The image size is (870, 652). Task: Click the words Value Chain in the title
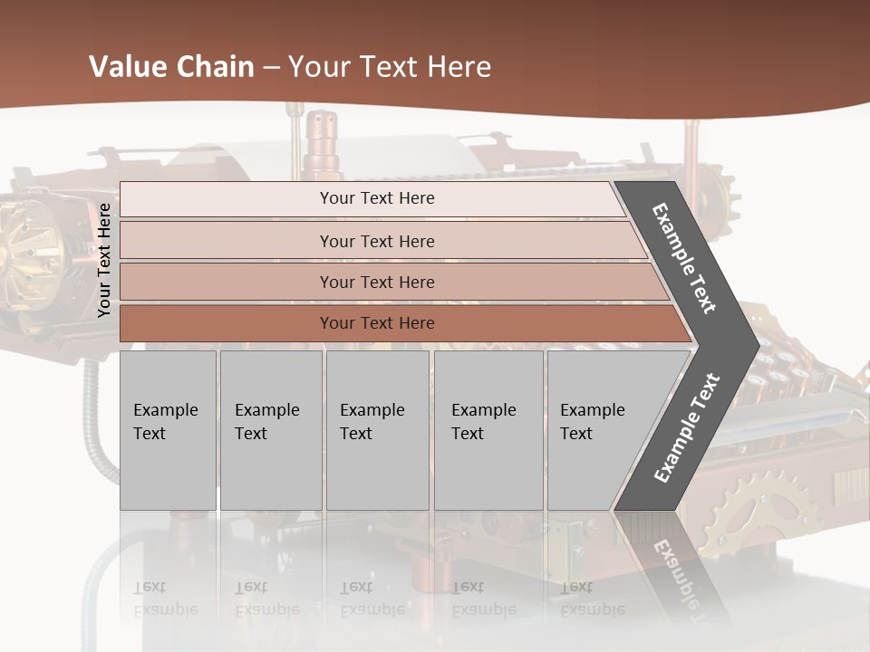click(171, 67)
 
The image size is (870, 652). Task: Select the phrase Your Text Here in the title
click(390, 67)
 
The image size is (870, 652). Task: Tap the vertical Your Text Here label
click(104, 260)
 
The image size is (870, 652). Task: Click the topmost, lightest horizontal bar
click(372, 198)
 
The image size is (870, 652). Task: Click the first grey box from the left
click(168, 430)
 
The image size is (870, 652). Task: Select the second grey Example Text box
click(270, 430)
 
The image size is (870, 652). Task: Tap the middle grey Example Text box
click(377, 430)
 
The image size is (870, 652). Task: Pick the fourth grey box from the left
click(488, 430)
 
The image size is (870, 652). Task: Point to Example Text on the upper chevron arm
click(684, 258)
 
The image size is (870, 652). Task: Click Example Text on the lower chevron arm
click(686, 428)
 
